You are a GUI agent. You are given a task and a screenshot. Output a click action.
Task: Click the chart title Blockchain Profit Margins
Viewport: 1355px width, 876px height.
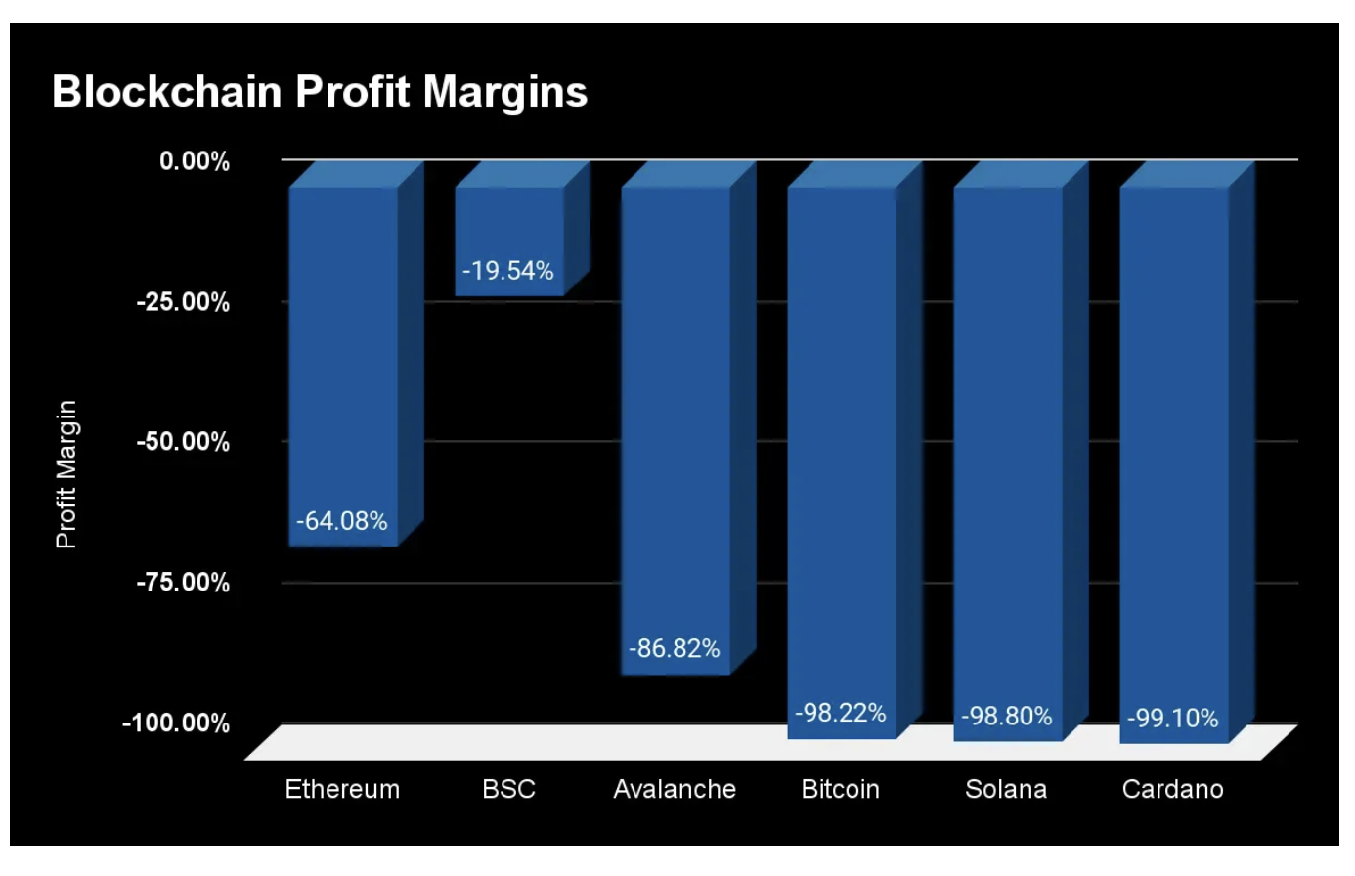pos(320,92)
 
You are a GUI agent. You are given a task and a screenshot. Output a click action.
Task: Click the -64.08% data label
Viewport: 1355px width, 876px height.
pos(342,521)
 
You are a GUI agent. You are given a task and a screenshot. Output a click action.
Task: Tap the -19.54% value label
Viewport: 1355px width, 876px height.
pos(508,271)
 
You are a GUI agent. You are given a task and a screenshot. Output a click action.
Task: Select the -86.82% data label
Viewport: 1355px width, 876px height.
pos(675,649)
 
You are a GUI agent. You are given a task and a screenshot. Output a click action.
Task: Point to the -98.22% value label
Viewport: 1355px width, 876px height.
pos(841,713)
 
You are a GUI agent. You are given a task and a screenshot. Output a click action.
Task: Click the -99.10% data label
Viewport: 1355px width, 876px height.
pos(1173,719)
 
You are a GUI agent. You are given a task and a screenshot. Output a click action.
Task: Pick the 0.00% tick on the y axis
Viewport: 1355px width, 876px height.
pos(195,161)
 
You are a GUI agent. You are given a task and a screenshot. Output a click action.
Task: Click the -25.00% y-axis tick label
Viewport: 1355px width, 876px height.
pos(183,302)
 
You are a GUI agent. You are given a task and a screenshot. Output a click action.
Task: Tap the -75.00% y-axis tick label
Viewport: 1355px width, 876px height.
pos(183,583)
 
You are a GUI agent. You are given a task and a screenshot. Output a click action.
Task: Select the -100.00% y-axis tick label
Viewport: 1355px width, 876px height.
pos(176,723)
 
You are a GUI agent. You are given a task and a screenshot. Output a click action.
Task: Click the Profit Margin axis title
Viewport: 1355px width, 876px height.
pos(66,474)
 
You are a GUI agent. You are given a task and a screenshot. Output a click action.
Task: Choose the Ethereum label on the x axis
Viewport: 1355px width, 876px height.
pos(342,789)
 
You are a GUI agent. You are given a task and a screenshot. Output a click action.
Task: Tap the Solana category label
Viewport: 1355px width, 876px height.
pos(1006,789)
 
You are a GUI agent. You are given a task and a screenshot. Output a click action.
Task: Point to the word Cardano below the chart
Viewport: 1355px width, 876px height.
pos(1172,789)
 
